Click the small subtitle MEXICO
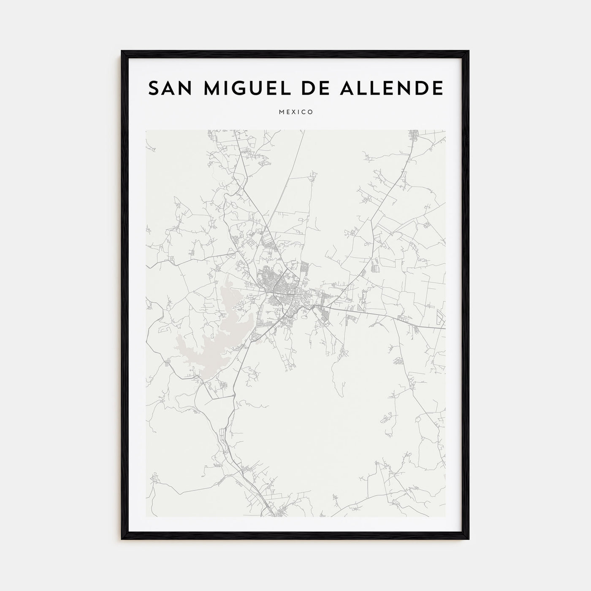coord(295,112)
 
